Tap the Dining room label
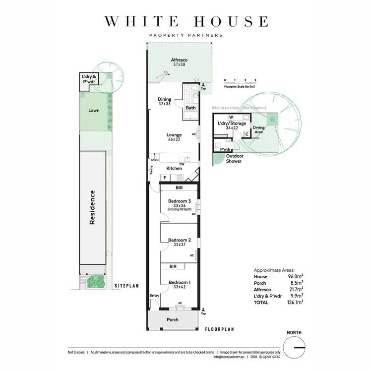tap(165, 99)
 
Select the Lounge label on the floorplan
tap(174, 135)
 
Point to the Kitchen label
tap(174, 169)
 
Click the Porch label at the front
tap(172, 319)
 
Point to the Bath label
tap(190, 108)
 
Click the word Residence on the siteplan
tap(92, 208)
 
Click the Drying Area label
tap(259, 130)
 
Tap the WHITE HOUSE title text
tap(186, 21)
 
